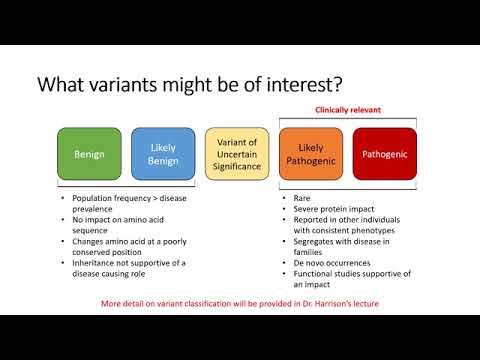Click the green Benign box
pos(88,154)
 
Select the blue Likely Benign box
pos(161,154)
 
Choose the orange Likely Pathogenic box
pos(309,154)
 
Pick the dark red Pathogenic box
pos(383,154)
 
